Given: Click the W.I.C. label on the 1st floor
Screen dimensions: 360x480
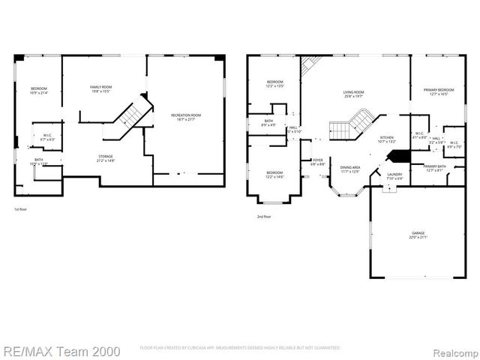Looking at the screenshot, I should (x=46, y=136).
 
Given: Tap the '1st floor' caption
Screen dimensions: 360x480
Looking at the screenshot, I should (x=22, y=209).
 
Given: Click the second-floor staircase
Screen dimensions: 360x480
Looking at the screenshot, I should (x=352, y=124).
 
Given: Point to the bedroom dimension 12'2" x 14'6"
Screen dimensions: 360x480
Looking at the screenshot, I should (x=275, y=177).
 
